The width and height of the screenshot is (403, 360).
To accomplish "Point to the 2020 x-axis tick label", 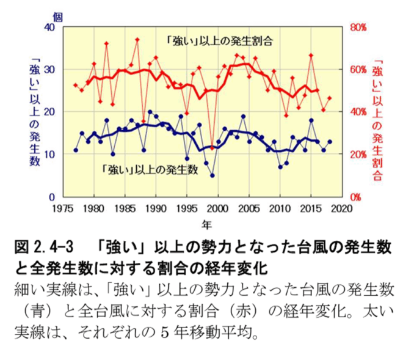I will click(x=342, y=208).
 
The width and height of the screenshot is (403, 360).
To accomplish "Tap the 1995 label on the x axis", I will click(x=187, y=208).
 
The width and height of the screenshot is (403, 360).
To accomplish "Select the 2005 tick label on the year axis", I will click(x=249, y=208).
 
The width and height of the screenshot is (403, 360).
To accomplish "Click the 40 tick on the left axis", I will click(x=50, y=28).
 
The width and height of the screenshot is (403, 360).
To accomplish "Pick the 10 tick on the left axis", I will click(x=50, y=155).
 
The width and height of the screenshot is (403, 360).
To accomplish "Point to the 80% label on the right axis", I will click(x=358, y=28).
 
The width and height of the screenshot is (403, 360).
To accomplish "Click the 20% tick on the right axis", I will click(x=358, y=155).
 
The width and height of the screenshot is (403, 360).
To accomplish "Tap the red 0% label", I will click(x=355, y=197).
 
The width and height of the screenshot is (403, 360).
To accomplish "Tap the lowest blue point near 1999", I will click(x=212, y=175).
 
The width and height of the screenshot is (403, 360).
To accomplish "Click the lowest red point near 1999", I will click(x=212, y=148).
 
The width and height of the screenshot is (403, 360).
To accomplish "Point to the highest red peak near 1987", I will click(x=137, y=40).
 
